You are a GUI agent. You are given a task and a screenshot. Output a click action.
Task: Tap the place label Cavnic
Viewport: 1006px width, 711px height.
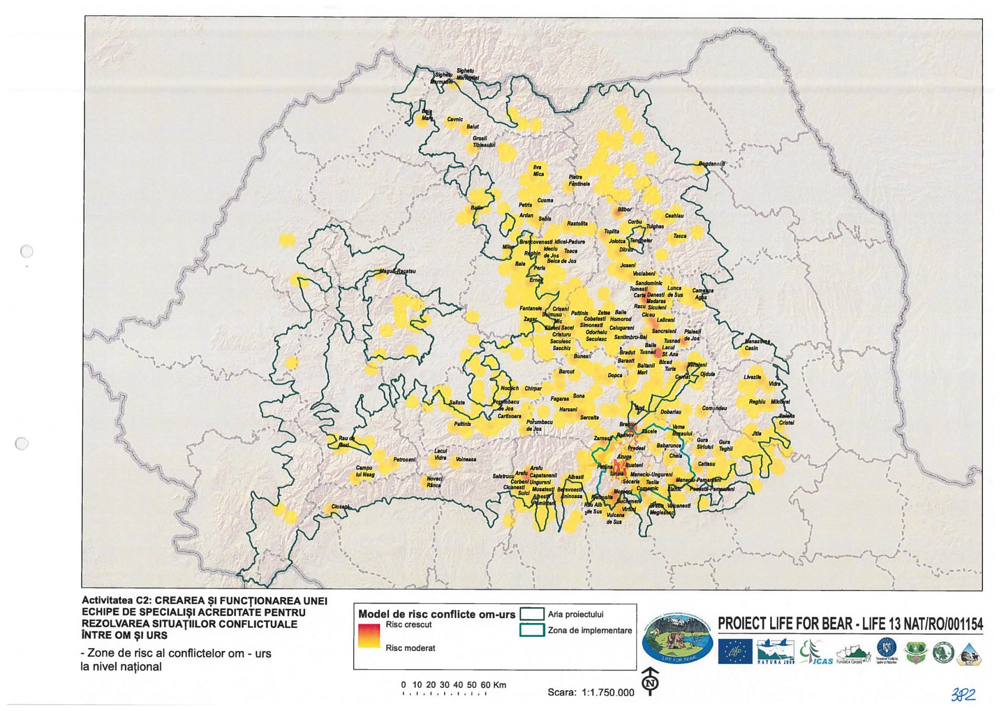coord(455,119)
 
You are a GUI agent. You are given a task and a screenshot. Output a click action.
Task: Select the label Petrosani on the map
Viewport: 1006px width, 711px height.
coord(404,460)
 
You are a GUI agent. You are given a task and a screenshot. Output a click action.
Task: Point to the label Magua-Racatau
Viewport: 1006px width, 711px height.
coord(397,271)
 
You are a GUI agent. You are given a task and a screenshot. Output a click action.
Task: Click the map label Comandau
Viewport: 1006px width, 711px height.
coord(714,408)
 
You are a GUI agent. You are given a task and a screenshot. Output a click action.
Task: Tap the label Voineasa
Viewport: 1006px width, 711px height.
coord(466,459)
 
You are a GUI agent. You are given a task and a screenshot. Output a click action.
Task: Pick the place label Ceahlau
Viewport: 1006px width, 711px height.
coord(674,216)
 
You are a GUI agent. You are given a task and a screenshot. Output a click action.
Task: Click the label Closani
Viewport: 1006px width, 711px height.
coord(340,507)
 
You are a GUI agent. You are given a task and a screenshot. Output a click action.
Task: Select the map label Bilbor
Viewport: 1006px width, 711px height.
coord(624,209)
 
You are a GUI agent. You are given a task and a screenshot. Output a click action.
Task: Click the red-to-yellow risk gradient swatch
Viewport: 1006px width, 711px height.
coord(369,636)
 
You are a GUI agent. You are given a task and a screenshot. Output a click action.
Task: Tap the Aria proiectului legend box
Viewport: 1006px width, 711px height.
coord(531,614)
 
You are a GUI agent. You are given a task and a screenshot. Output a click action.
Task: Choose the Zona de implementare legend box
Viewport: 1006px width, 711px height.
coord(531,630)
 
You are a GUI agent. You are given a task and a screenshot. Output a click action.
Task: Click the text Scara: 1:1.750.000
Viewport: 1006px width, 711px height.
coord(591,692)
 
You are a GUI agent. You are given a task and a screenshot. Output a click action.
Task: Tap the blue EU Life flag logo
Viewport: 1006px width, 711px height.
coord(735,652)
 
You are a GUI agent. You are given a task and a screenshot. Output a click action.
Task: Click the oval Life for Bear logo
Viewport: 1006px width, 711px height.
coord(677,639)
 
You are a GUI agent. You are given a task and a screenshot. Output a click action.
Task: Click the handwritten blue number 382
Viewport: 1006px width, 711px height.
coord(963,694)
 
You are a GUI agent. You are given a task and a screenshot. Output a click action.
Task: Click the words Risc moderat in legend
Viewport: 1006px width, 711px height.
coord(410,648)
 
